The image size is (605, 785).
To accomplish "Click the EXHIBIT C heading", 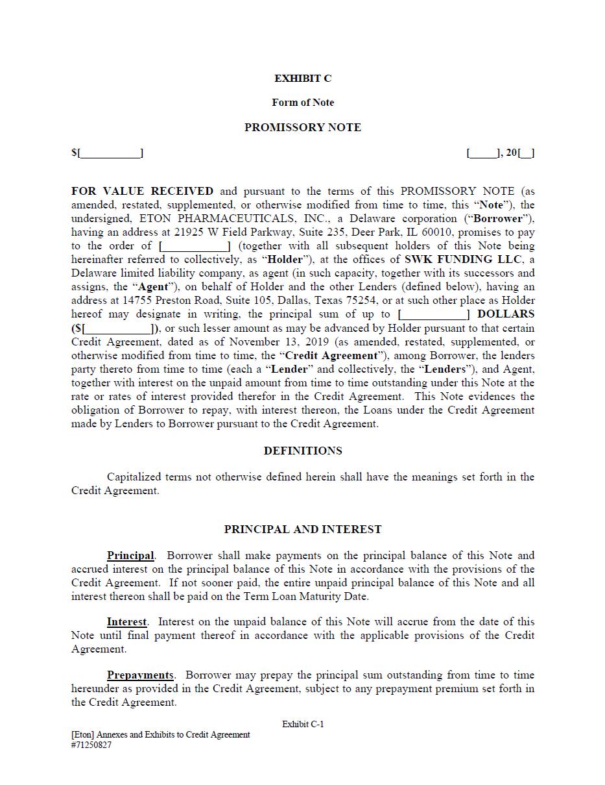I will (x=303, y=79).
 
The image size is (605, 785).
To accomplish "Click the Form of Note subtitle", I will (x=303, y=103).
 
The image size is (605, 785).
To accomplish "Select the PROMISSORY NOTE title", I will (x=303, y=128).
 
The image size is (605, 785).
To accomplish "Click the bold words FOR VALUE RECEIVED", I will (x=142, y=192).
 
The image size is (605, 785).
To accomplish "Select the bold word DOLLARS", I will (x=506, y=314).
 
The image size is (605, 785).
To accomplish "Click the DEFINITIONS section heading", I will (x=303, y=451).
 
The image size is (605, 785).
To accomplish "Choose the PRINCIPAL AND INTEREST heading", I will (x=303, y=529).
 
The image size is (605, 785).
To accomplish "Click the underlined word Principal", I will (x=130, y=556).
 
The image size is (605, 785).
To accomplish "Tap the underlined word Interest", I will (x=126, y=622).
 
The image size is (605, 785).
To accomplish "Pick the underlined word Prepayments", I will (x=140, y=675).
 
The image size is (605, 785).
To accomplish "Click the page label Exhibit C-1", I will (x=303, y=724).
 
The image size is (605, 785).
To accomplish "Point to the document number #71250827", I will (x=91, y=745).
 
